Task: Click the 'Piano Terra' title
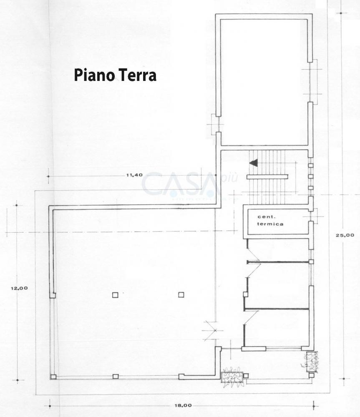[x=115, y=75]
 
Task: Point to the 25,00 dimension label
[x=345, y=235]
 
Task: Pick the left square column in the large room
[x=115, y=295]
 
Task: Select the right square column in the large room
[x=181, y=295]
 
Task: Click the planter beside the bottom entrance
[x=232, y=377]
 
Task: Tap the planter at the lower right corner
[x=312, y=361]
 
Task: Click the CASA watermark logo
[x=181, y=185]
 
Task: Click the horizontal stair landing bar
[x=267, y=177]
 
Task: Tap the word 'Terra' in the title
[x=137, y=75]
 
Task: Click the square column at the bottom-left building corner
[x=53, y=377]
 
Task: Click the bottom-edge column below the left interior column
[x=116, y=376]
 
